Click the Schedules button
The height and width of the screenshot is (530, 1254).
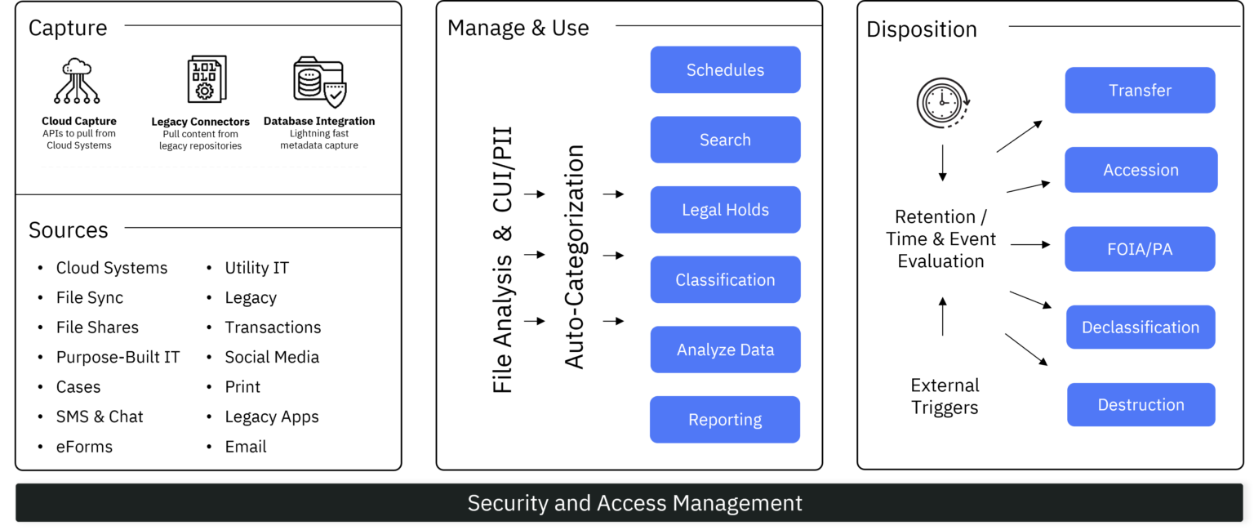[725, 70]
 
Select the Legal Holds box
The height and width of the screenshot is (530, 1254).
[725, 210]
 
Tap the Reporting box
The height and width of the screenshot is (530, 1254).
[725, 420]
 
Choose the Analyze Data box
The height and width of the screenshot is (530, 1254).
[725, 350]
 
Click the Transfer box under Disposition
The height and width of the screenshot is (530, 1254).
[1140, 91]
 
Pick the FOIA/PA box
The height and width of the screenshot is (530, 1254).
[1140, 249]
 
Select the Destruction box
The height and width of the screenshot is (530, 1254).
[1141, 405]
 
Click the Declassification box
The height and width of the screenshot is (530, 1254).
[1141, 327]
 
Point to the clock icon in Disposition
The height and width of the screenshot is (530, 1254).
[942, 102]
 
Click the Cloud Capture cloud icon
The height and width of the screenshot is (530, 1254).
[77, 81]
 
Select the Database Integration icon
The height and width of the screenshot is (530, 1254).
[318, 82]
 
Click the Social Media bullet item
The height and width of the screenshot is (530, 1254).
[272, 357]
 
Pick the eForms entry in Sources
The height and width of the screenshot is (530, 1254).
[84, 447]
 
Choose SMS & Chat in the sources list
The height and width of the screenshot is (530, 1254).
[100, 416]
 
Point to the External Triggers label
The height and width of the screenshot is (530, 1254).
[945, 396]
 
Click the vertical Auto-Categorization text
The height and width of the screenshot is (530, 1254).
[576, 257]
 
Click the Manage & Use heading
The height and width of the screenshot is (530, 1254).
[518, 28]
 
